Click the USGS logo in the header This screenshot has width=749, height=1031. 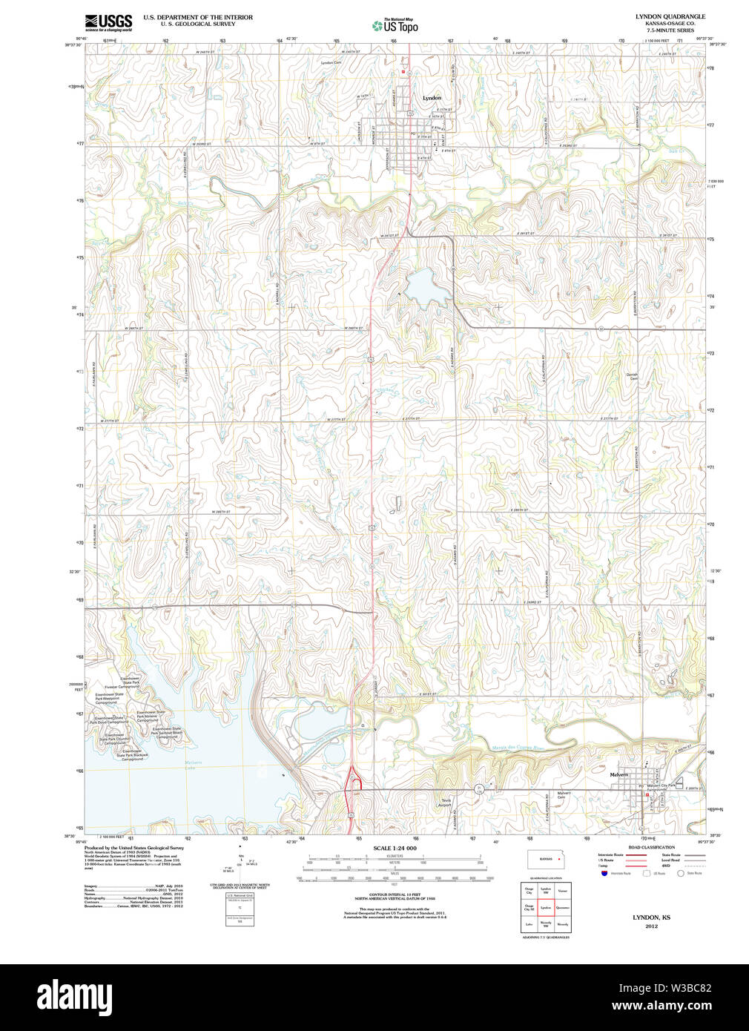coord(108,22)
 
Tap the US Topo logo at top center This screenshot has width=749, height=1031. coord(395,26)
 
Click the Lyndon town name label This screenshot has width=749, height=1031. coord(432,98)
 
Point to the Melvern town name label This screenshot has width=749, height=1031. coord(618,774)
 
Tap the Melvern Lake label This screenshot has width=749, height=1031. coord(193,763)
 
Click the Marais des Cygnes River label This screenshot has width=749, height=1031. coord(518,747)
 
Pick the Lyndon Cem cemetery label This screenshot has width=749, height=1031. coord(331,63)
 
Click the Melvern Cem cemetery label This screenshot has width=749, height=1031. coord(564,794)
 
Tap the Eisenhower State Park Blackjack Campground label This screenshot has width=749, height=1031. coord(133,755)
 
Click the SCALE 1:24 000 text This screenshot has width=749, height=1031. coord(395,848)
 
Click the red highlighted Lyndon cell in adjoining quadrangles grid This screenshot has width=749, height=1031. coord(546,906)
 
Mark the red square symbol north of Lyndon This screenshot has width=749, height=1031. coord(403,73)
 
